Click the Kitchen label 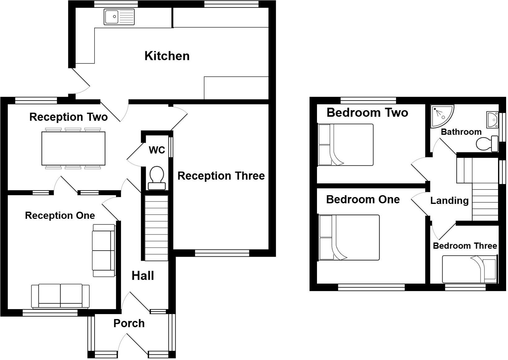(x=167, y=56)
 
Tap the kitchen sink (x=119, y=17)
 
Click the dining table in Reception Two (x=74, y=148)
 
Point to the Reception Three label (x=221, y=176)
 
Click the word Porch (x=129, y=323)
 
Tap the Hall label (x=143, y=276)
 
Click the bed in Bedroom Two (x=345, y=145)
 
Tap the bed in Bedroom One (x=349, y=237)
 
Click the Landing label (x=449, y=201)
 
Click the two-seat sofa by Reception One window (x=60, y=295)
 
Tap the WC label (x=157, y=150)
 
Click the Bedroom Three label (x=465, y=246)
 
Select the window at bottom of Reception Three (x=222, y=253)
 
